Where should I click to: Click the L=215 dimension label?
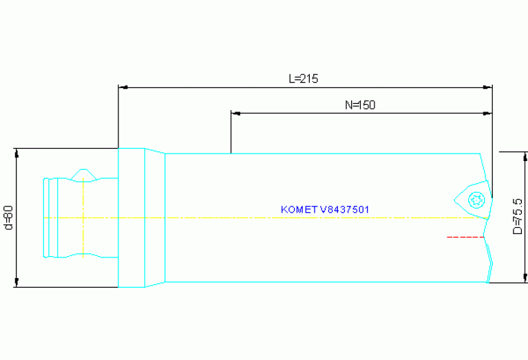pos(303,78)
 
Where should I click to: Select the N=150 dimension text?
pos(359,105)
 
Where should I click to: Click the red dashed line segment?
pos(465,237)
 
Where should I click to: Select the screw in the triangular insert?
pos(476,200)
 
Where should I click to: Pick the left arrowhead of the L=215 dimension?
pos(123,87)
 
